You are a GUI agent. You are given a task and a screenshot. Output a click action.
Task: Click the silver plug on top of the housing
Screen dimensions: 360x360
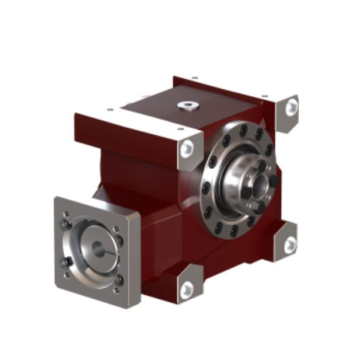coord(187,106)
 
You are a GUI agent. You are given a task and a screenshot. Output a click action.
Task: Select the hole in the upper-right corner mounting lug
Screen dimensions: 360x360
coord(291,107)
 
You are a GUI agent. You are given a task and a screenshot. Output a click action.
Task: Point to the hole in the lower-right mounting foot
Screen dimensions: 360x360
coord(289,245)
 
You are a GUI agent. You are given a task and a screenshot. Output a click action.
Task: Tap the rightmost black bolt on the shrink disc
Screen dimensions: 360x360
coord(274,181)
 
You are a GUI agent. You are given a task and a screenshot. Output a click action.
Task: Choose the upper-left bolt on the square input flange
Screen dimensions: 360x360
coord(67,222)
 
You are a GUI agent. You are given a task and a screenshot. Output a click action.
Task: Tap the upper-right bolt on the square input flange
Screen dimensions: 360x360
coord(118,239)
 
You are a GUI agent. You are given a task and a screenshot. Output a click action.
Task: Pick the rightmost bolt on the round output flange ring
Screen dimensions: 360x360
coord(269,149)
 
